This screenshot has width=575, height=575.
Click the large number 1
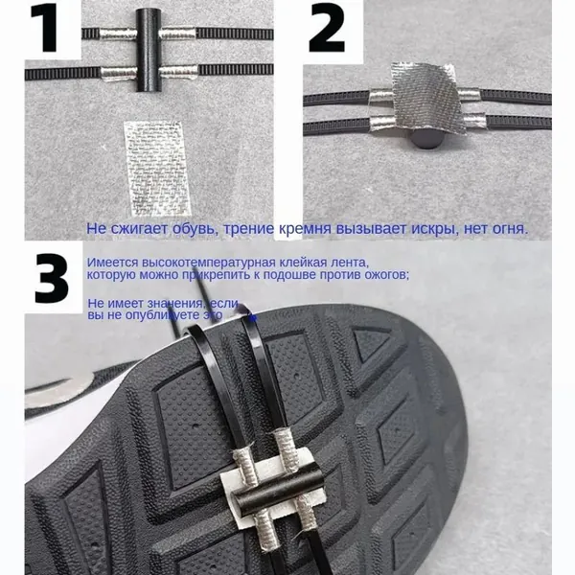tap(44, 28)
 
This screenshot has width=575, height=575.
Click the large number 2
tap(327, 28)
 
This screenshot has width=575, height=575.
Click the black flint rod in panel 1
tap(149, 50)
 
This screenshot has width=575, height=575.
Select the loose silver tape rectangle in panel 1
tap(158, 169)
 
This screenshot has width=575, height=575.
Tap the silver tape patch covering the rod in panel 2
tap(425, 98)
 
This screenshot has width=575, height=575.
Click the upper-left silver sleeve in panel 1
tap(118, 34)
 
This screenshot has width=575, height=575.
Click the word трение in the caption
tap(248, 229)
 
